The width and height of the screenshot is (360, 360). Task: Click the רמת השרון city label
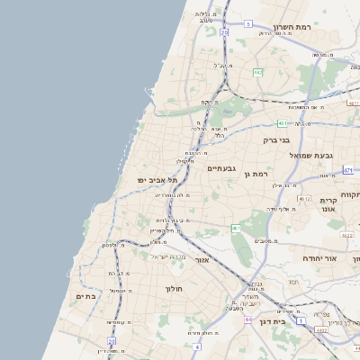[x=291, y=27]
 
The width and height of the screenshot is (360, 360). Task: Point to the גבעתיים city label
[x=220, y=168]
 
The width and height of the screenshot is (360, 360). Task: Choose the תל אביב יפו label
[x=154, y=180]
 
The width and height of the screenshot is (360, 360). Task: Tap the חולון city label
[x=174, y=289]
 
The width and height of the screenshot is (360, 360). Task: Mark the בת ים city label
[x=86, y=296]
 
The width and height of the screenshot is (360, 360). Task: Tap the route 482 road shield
[x=257, y=72]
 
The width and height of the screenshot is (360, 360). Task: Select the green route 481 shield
[x=282, y=123]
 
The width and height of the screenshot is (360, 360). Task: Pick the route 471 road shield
[x=348, y=168]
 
